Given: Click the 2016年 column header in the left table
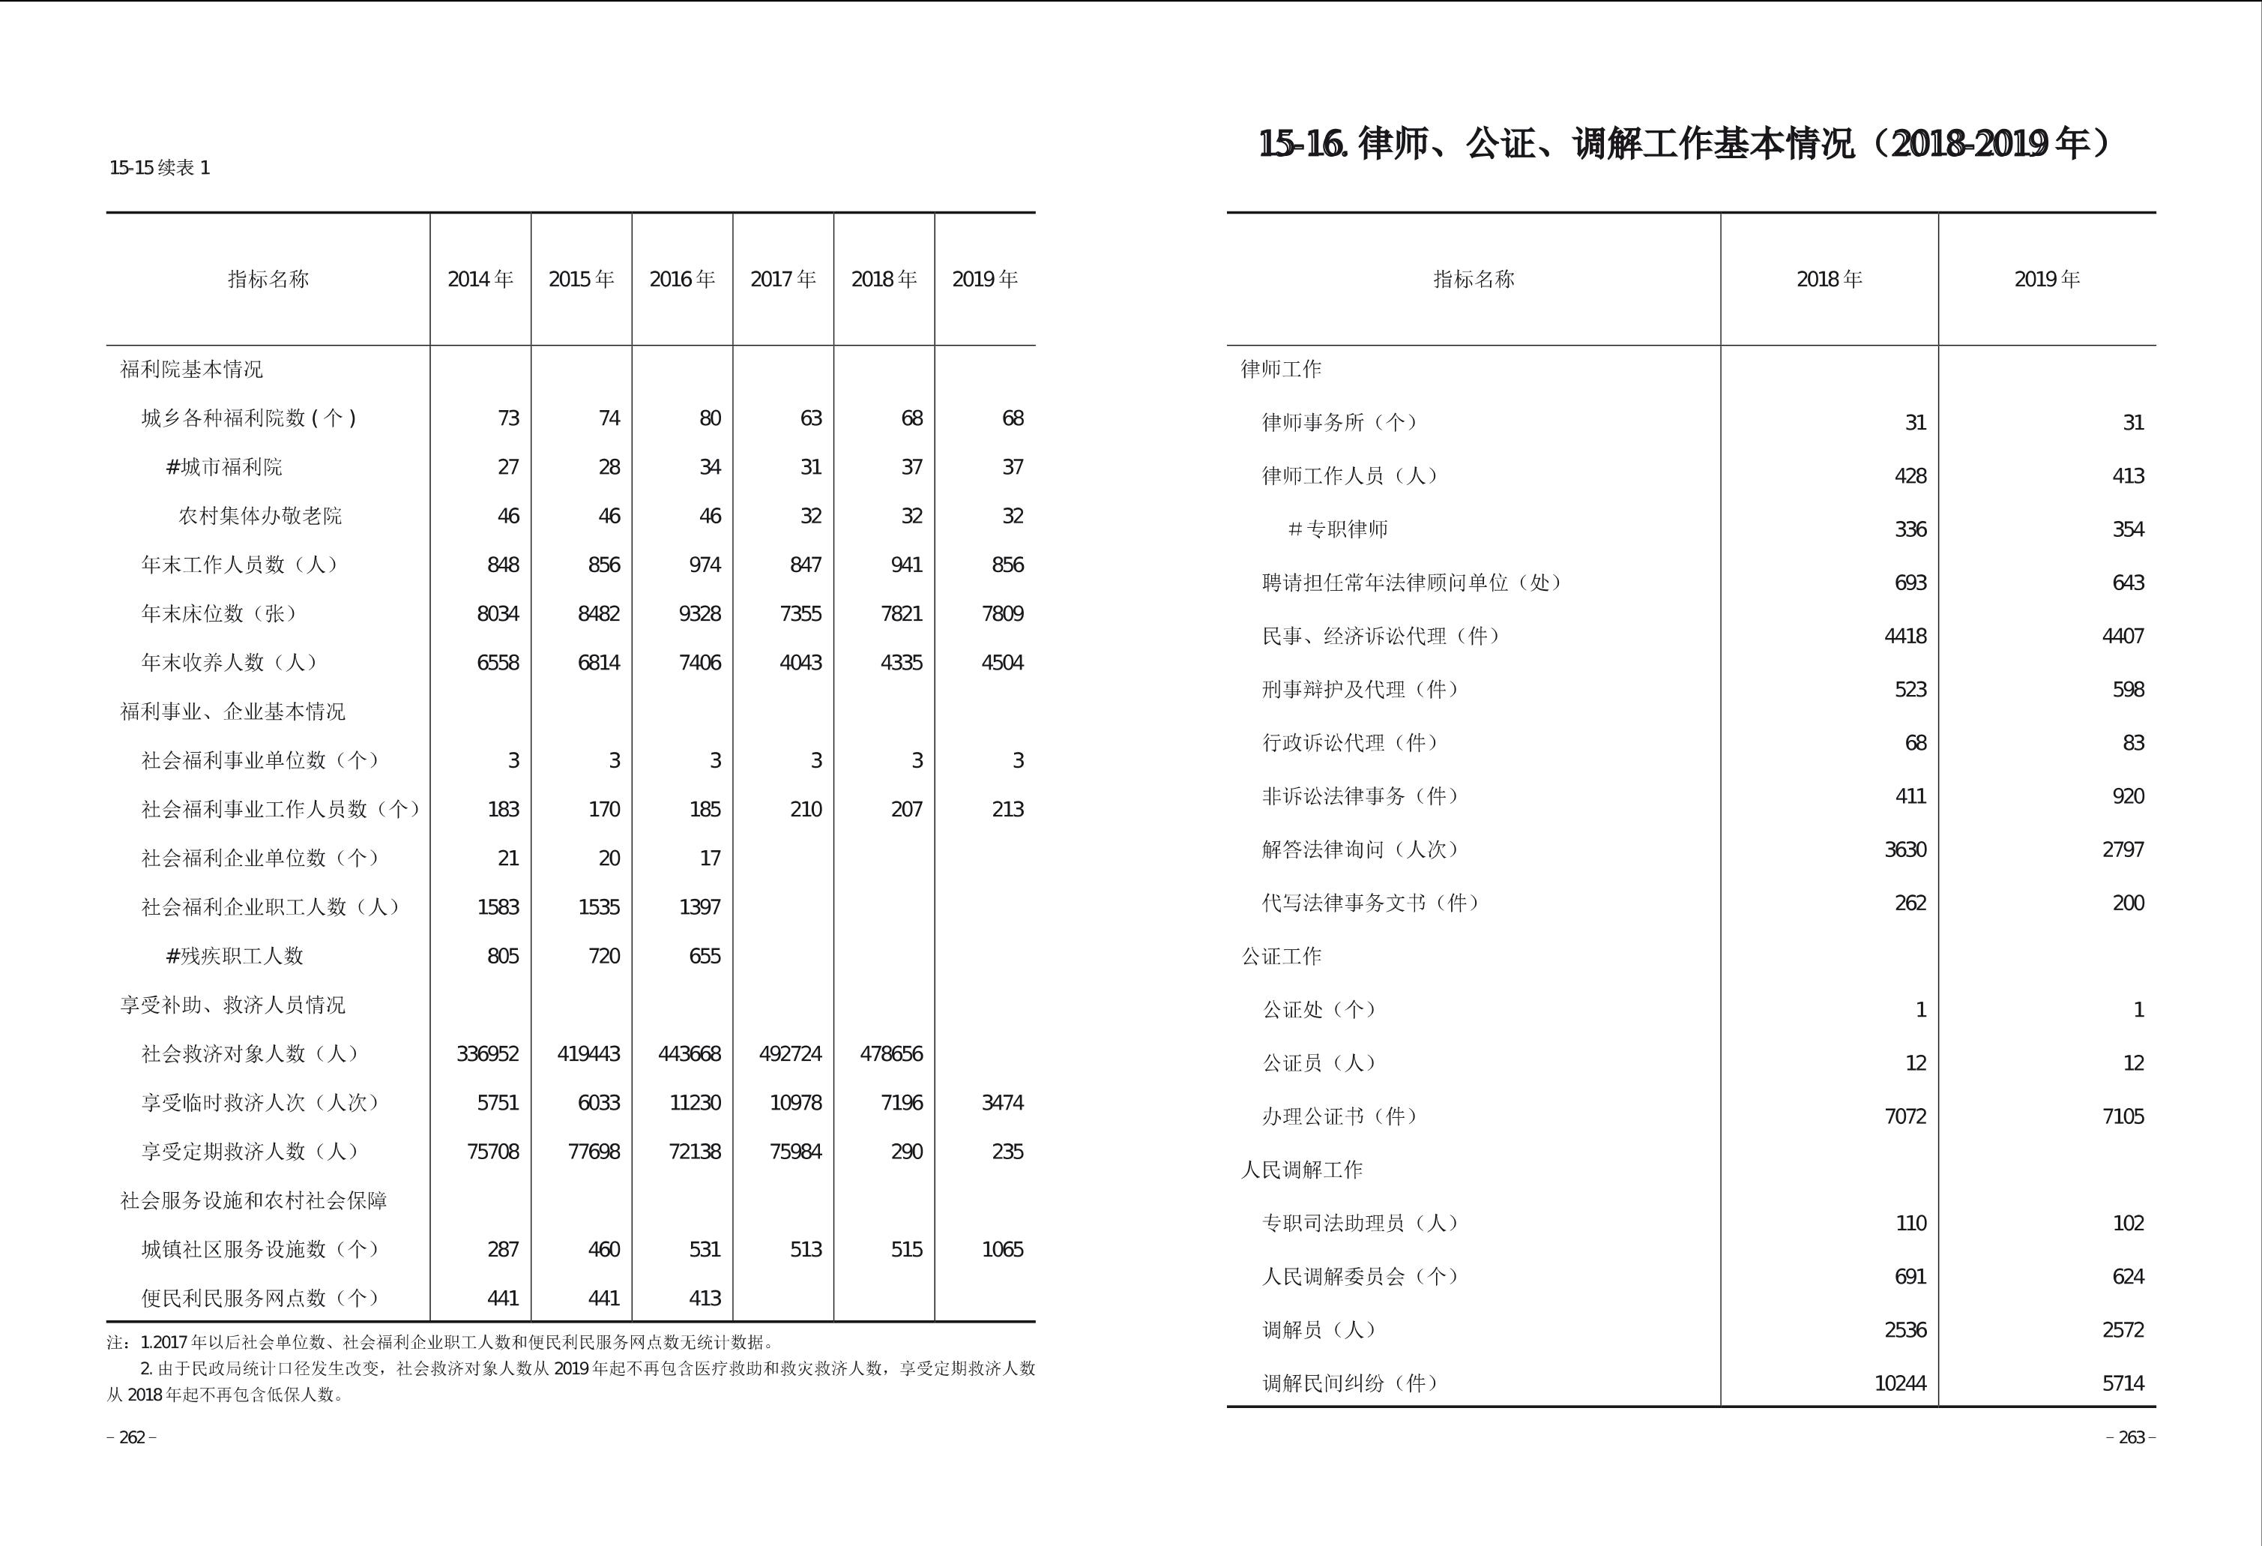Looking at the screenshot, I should click(x=681, y=280).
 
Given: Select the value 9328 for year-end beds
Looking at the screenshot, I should click(x=700, y=613).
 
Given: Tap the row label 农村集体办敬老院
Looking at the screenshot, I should click(x=260, y=516).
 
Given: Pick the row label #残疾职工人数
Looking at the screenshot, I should click(x=235, y=956).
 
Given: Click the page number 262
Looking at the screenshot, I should click(x=131, y=1437).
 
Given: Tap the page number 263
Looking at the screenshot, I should click(x=2131, y=1437).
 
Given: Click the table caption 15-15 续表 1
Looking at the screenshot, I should click(x=160, y=167).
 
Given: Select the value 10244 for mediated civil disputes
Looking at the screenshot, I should click(x=1900, y=1383).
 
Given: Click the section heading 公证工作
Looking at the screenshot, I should click(x=1281, y=956).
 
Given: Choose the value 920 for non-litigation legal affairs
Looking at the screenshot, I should click(x=2128, y=795).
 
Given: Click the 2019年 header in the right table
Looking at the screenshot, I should click(x=2047, y=280).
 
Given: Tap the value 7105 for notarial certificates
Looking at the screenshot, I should click(x=2123, y=1116).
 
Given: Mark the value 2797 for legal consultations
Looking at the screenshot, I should click(x=2123, y=849).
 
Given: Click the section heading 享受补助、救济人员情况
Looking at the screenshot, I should click(x=232, y=1005).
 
